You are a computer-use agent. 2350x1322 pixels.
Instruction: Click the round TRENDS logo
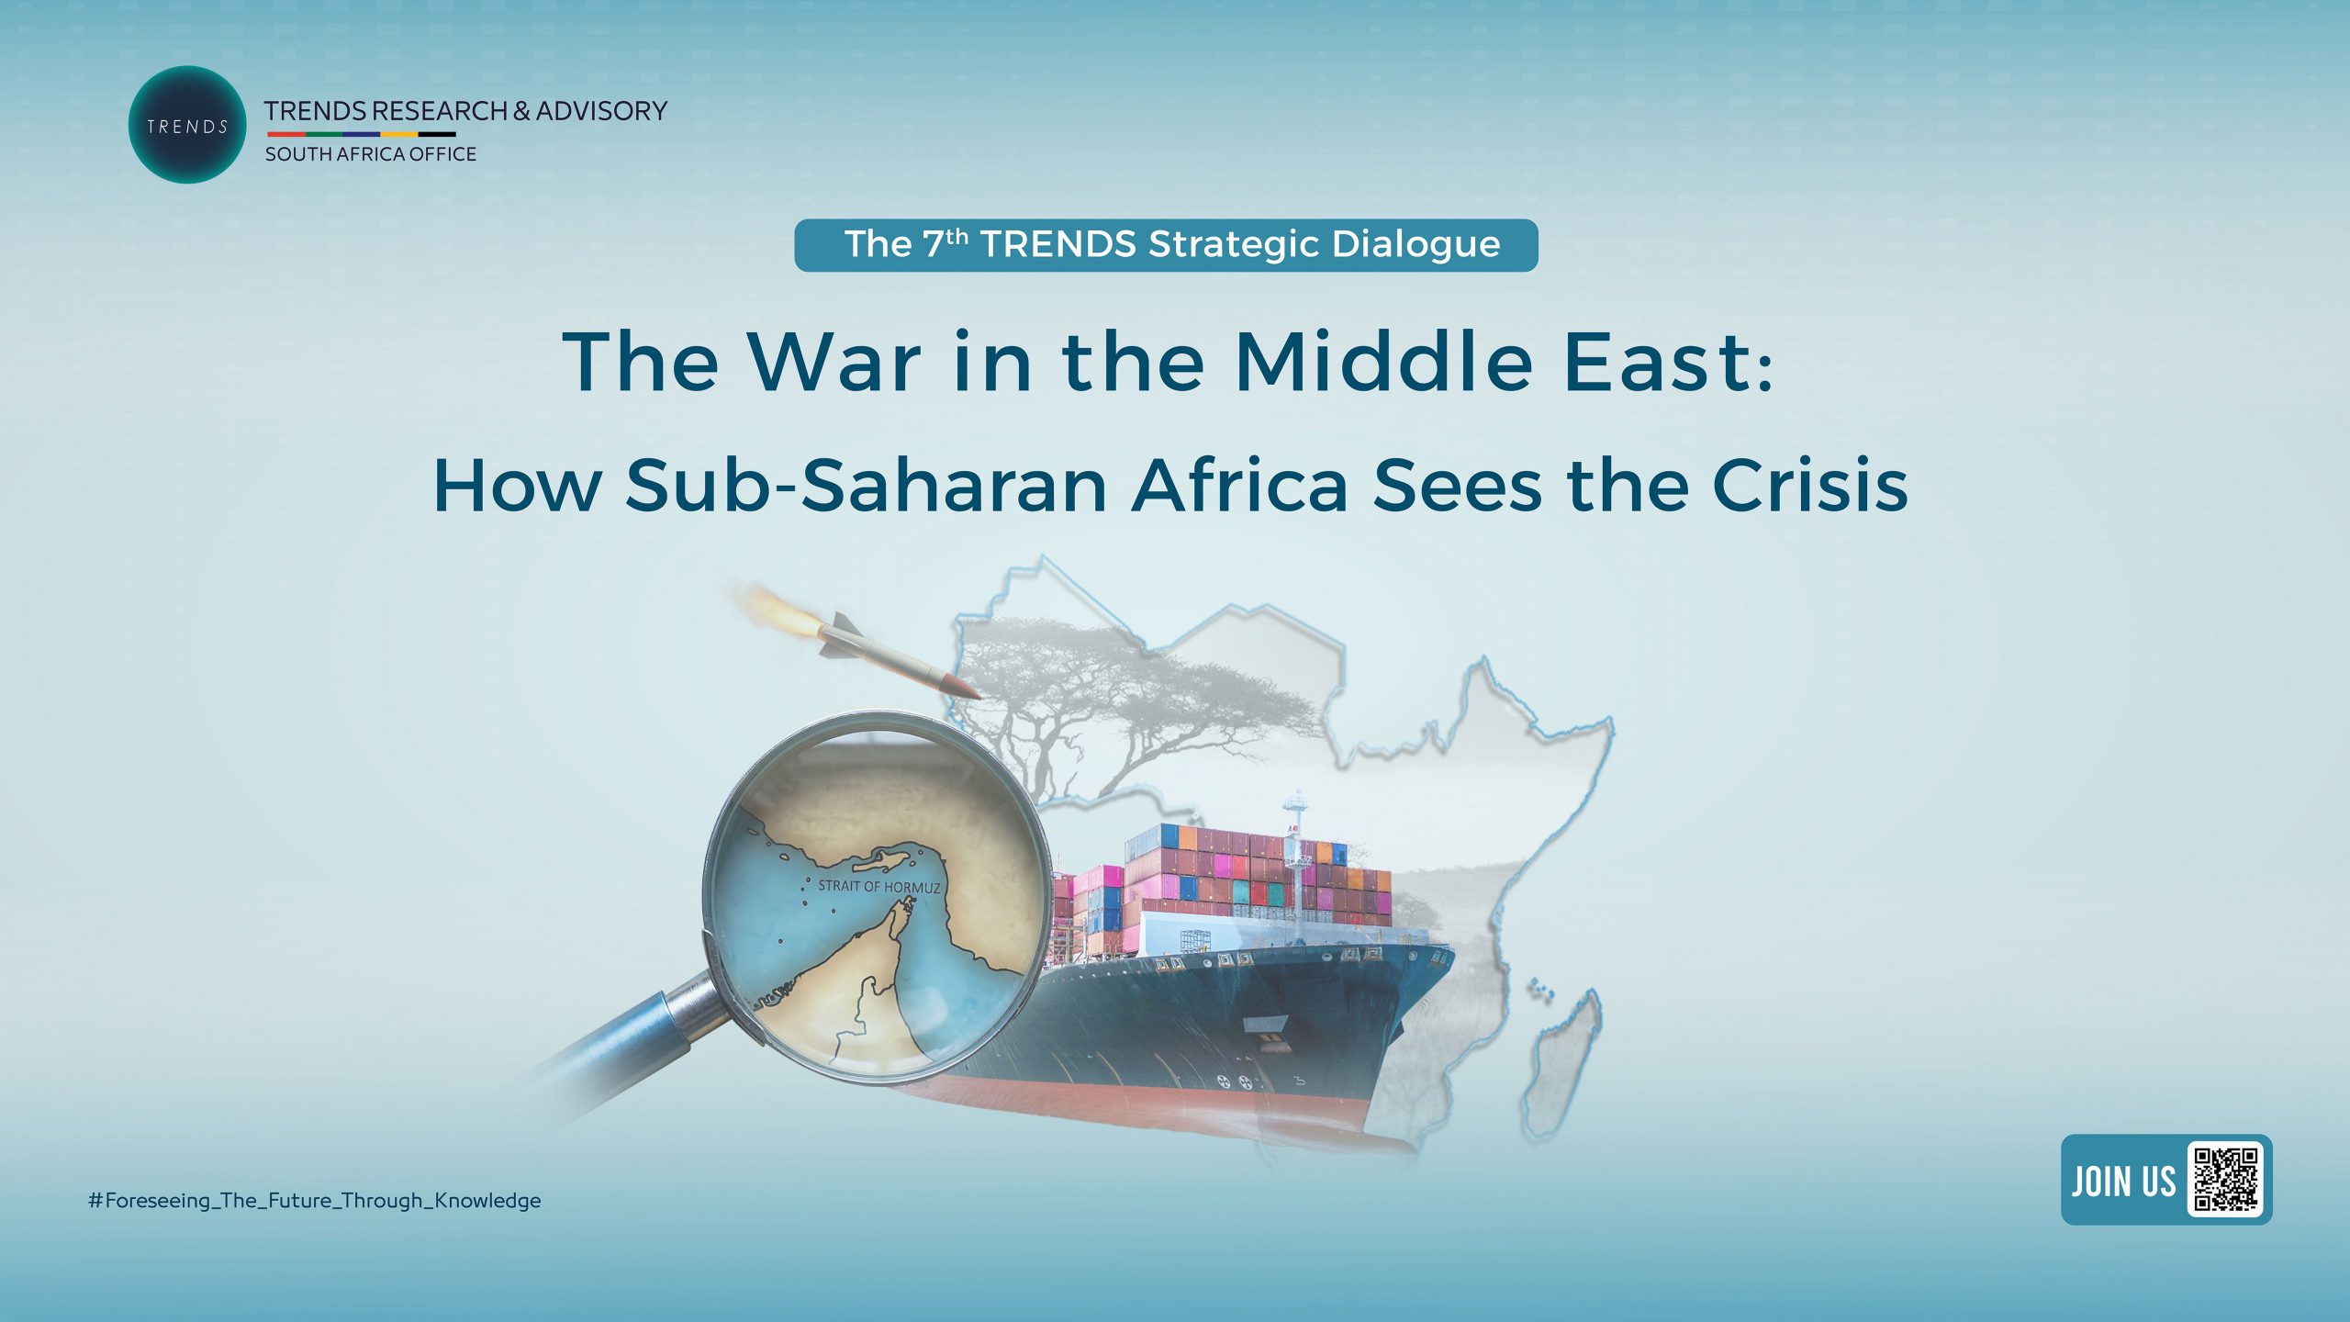tap(187, 125)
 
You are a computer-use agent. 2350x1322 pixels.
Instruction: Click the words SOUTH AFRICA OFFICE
tap(371, 154)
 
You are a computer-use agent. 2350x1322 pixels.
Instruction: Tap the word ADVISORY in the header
tap(601, 111)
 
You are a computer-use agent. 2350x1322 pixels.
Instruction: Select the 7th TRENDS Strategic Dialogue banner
tap(1166, 245)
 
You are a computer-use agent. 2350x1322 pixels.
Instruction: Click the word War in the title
tap(834, 362)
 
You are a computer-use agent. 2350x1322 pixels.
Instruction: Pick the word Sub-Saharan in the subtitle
tap(867, 485)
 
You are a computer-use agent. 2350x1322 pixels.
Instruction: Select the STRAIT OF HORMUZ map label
tap(878, 886)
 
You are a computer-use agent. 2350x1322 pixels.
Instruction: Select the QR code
tap(2225, 1180)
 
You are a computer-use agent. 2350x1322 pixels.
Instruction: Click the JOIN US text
tap(2122, 1181)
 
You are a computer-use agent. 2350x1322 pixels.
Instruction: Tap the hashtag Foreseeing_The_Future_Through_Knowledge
tap(314, 1201)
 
